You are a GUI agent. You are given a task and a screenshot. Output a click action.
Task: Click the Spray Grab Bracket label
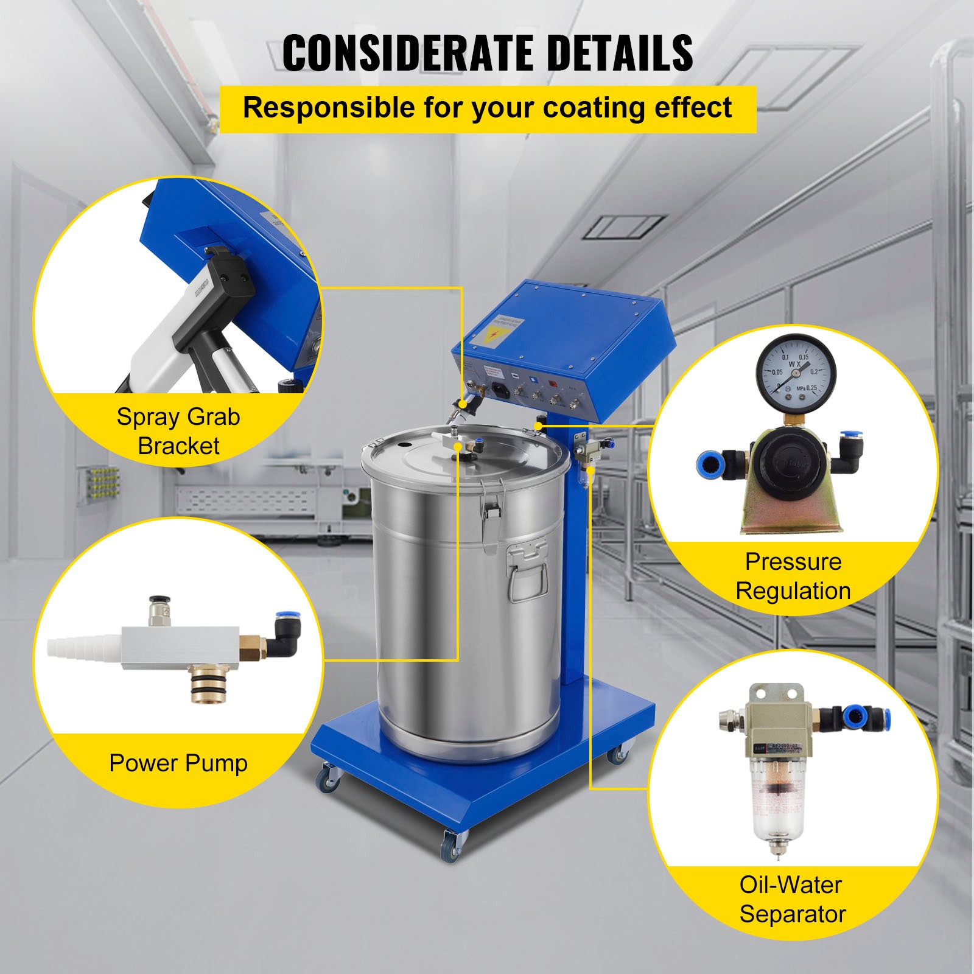click(178, 431)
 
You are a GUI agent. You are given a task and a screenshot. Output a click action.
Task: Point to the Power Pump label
click(178, 763)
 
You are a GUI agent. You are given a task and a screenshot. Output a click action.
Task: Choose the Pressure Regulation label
click(793, 576)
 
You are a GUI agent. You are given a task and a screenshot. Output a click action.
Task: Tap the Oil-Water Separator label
click(792, 899)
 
